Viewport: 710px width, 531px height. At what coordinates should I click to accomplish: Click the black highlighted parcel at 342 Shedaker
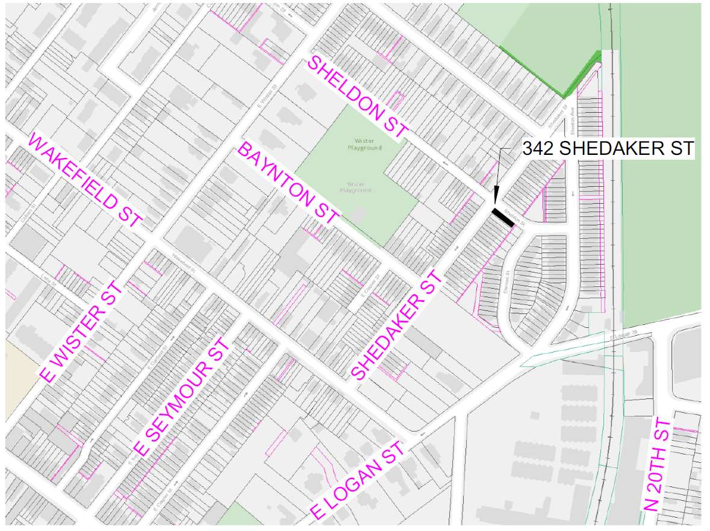point(502,217)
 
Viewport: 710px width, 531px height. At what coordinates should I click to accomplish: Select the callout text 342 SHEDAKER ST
point(608,149)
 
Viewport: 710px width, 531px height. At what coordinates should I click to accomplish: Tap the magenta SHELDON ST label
point(358,97)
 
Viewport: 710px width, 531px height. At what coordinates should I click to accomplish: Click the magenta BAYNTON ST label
point(289,183)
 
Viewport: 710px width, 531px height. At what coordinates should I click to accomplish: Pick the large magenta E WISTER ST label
point(81,331)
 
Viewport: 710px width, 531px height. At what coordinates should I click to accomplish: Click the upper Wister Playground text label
point(364,144)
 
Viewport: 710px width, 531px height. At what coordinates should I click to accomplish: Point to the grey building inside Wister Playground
point(359,215)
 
